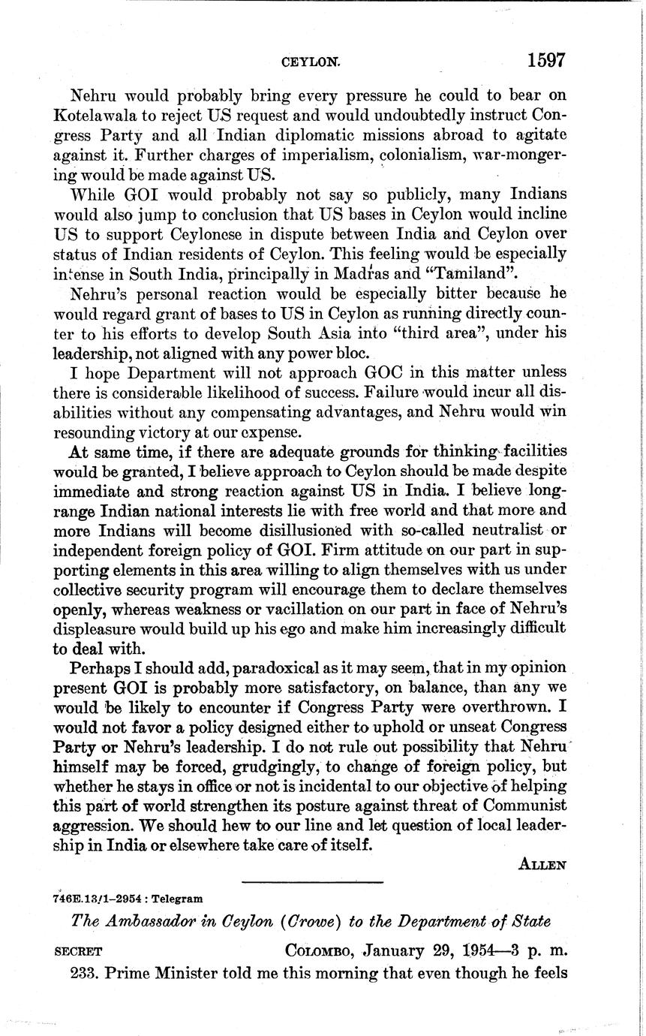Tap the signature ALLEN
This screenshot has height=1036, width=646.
click(x=542, y=865)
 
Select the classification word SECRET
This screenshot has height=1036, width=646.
click(x=79, y=952)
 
